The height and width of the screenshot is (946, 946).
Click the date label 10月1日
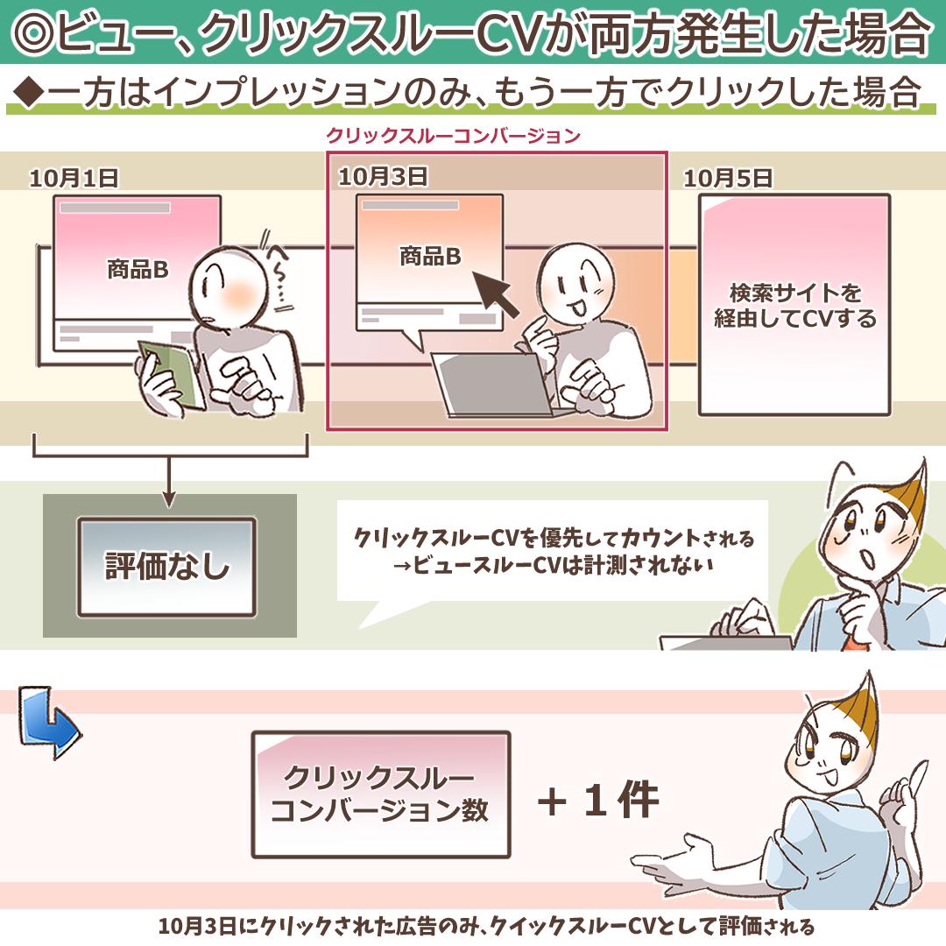click(x=74, y=178)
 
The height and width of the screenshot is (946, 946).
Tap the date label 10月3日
click(x=383, y=177)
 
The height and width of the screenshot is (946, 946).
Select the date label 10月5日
click(x=728, y=178)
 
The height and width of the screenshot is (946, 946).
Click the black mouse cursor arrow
click(x=495, y=293)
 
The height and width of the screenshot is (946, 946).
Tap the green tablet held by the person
click(x=171, y=373)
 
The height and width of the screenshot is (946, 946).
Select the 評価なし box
click(x=166, y=567)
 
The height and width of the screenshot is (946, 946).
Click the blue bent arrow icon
click(x=48, y=721)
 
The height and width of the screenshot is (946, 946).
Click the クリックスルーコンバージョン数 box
click(x=381, y=794)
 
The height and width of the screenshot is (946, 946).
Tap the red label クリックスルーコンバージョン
click(x=453, y=135)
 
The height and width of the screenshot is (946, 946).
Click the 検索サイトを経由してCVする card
click(x=794, y=305)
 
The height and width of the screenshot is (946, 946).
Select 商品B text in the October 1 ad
click(x=138, y=269)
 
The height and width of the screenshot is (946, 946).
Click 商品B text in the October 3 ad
click(x=430, y=257)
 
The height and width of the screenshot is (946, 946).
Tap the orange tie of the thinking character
click(x=855, y=640)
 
